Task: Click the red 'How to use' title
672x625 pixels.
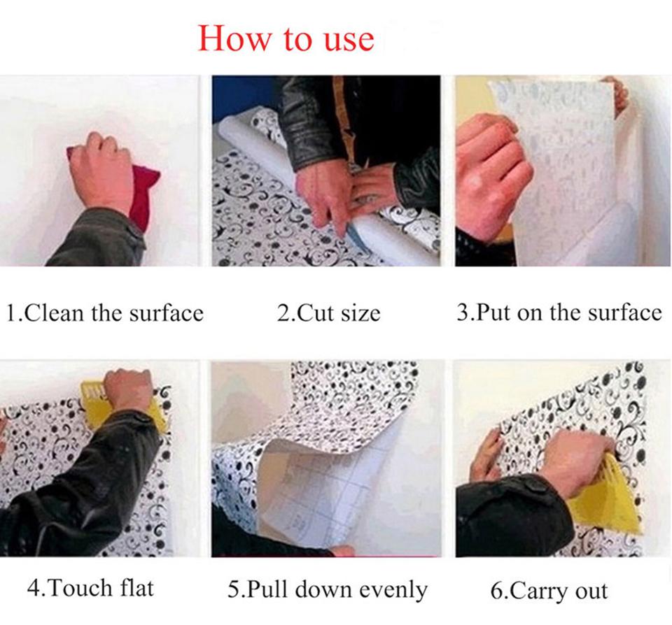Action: tap(286, 38)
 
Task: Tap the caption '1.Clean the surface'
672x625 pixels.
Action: tap(104, 312)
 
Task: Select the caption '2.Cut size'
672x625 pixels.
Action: tap(329, 312)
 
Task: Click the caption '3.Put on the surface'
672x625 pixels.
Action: tap(559, 312)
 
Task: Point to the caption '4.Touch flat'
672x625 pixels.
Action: tap(90, 587)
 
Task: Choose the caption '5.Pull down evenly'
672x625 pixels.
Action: tap(327, 589)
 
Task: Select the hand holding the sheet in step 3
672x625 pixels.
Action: tap(490, 168)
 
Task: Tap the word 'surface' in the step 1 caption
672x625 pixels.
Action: tap(166, 312)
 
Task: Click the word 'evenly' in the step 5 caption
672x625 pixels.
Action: tap(393, 589)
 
